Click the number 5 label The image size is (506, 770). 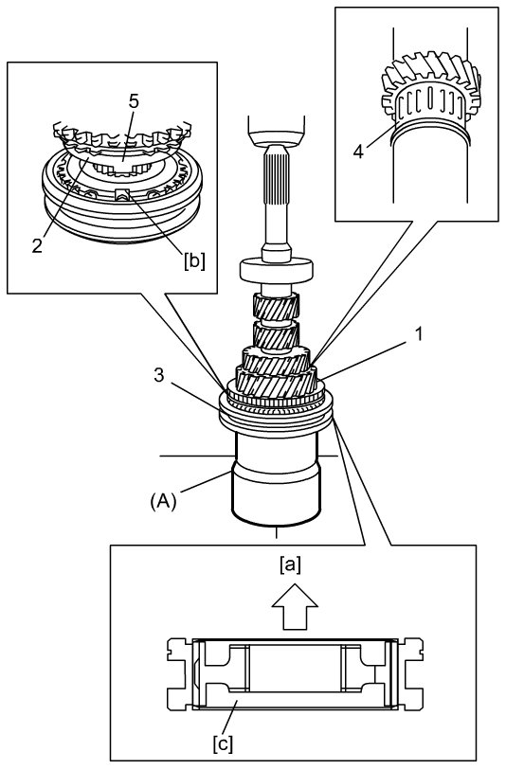point(134,101)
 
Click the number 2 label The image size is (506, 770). point(37,245)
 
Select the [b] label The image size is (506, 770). point(194,260)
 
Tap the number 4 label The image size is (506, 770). point(358,152)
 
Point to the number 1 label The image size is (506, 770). point(419,334)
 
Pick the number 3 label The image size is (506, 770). point(158,376)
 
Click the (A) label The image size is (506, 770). point(163,502)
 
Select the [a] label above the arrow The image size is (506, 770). point(289,565)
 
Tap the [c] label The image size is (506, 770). point(223,745)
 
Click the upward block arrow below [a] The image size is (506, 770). point(295,606)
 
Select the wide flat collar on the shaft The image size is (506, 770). point(277,270)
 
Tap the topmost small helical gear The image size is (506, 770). point(276,306)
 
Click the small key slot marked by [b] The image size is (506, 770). point(122,194)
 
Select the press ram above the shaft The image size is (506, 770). point(277,131)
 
